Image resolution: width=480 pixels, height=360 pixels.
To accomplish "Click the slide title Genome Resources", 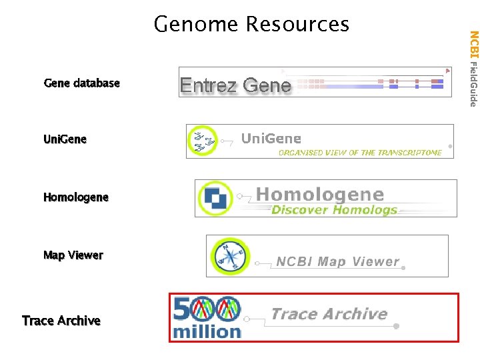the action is (x=251, y=25).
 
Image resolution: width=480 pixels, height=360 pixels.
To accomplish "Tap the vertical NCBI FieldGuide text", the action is (x=473, y=68).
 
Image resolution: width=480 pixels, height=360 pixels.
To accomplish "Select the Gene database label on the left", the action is (x=81, y=83).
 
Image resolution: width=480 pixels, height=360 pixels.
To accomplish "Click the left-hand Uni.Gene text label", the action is (x=65, y=139).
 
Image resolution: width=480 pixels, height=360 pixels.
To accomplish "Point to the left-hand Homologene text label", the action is (x=75, y=197).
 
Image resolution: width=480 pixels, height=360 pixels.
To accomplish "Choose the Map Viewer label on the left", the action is (x=73, y=255).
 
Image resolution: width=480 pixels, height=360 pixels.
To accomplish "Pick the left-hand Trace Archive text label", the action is (x=61, y=321).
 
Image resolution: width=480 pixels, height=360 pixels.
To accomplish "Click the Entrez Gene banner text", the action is (x=235, y=85).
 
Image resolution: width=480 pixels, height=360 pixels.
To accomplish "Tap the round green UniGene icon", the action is (x=202, y=141).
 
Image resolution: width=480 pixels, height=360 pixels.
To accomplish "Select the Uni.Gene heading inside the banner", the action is (x=271, y=139).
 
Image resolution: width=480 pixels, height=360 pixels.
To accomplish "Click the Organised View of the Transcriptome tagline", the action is (x=360, y=153).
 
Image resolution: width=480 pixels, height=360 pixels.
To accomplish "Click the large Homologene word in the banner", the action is (x=320, y=195).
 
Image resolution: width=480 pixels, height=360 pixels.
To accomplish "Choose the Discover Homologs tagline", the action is (x=334, y=210).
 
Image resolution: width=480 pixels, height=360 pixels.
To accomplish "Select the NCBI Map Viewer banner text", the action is (x=337, y=261).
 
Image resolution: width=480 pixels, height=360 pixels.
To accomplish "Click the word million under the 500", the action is (x=207, y=331).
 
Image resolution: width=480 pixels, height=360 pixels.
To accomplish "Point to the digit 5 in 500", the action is (x=183, y=308).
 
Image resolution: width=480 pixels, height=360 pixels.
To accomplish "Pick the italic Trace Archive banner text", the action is (x=329, y=313).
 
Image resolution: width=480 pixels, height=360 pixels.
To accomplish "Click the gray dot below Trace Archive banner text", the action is (x=396, y=327).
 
